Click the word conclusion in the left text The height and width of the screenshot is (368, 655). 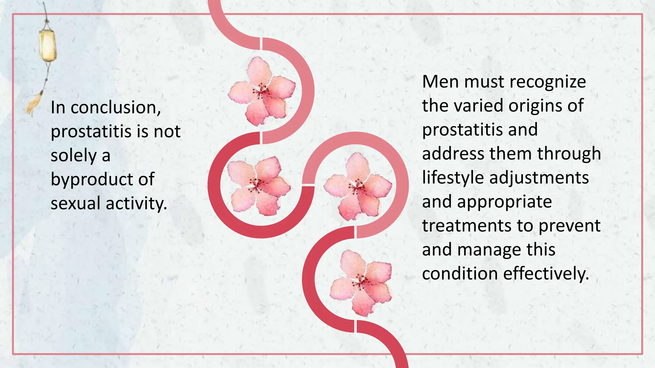(x=115, y=107)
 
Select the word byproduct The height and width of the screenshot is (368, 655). (x=91, y=180)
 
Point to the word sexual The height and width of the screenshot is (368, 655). (x=76, y=203)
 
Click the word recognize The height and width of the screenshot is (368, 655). (x=548, y=82)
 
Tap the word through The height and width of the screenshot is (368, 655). (x=569, y=154)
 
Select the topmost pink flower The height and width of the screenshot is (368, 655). (x=262, y=91)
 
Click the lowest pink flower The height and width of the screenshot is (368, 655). (x=361, y=283)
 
